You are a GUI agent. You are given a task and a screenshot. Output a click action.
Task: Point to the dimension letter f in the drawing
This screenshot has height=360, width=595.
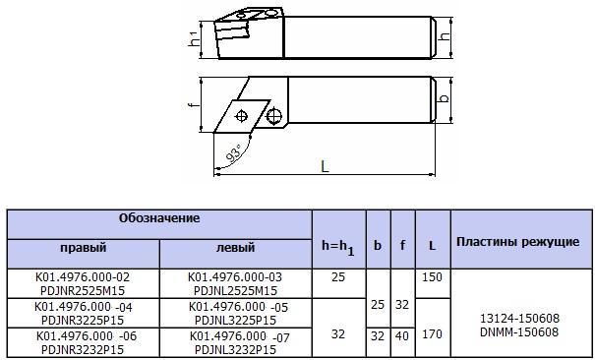click(192, 104)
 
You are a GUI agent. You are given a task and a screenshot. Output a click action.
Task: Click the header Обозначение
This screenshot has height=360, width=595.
click(159, 216)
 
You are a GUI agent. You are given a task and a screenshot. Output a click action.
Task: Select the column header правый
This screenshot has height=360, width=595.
click(84, 248)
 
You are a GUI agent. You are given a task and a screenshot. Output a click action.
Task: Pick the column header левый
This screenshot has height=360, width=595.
click(235, 248)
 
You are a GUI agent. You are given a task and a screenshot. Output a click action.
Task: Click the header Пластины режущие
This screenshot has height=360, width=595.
click(517, 240)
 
